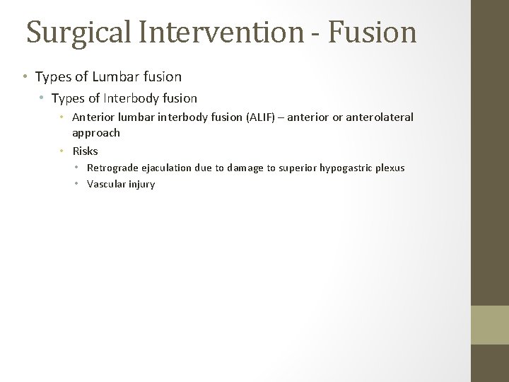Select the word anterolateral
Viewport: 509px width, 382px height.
(380, 117)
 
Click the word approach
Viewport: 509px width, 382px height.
(96, 133)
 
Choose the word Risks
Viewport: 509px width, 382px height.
(86, 151)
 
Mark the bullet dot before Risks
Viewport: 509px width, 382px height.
(62, 151)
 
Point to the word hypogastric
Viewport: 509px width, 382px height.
(343, 168)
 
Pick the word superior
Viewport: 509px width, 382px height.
(298, 168)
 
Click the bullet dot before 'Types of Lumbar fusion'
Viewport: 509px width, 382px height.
(25, 76)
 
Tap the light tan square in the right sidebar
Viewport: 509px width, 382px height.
(490, 325)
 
